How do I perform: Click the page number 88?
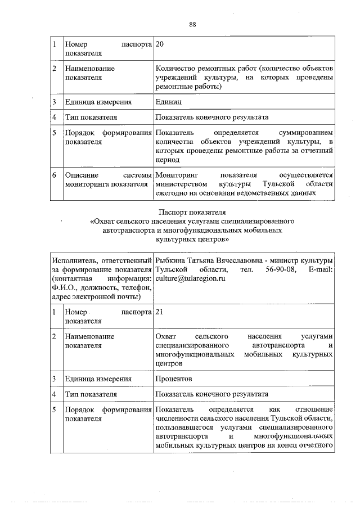point(192,24)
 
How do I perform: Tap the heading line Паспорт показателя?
point(192,212)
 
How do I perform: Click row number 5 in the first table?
point(55,132)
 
